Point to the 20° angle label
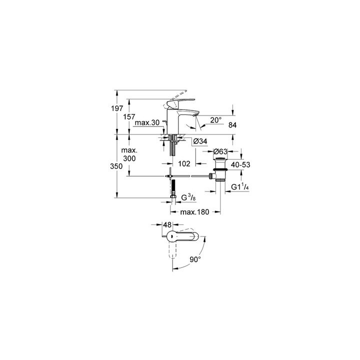(215, 120)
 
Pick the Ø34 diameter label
(199, 141)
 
